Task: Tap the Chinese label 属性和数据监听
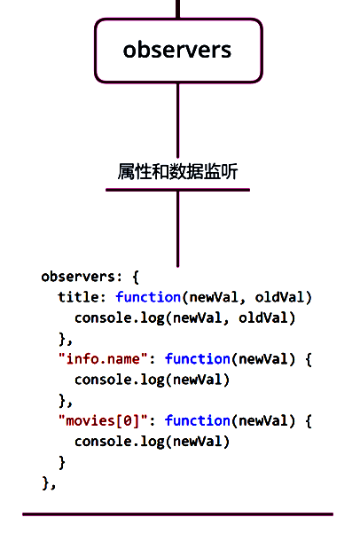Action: tap(177, 171)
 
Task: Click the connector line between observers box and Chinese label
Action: tap(178, 121)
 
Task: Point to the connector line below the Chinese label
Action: tap(178, 230)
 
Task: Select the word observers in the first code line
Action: tap(78, 277)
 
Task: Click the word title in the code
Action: tap(78, 297)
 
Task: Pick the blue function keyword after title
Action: tap(148, 297)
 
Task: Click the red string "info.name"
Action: tap(104, 359)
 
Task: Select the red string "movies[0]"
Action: tap(104, 421)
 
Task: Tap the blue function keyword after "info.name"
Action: tap(198, 359)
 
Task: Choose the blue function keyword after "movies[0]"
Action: tap(198, 421)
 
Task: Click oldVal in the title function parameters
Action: tap(279, 297)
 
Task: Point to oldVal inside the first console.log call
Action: tap(263, 317)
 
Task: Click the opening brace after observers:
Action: tap(136, 277)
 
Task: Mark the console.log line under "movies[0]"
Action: tap(153, 442)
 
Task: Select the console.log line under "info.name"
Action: tap(153, 380)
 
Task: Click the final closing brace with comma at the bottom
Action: tap(49, 483)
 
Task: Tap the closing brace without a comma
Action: tap(62, 462)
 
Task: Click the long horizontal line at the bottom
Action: tap(178, 514)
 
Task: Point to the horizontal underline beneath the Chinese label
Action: tap(178, 190)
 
